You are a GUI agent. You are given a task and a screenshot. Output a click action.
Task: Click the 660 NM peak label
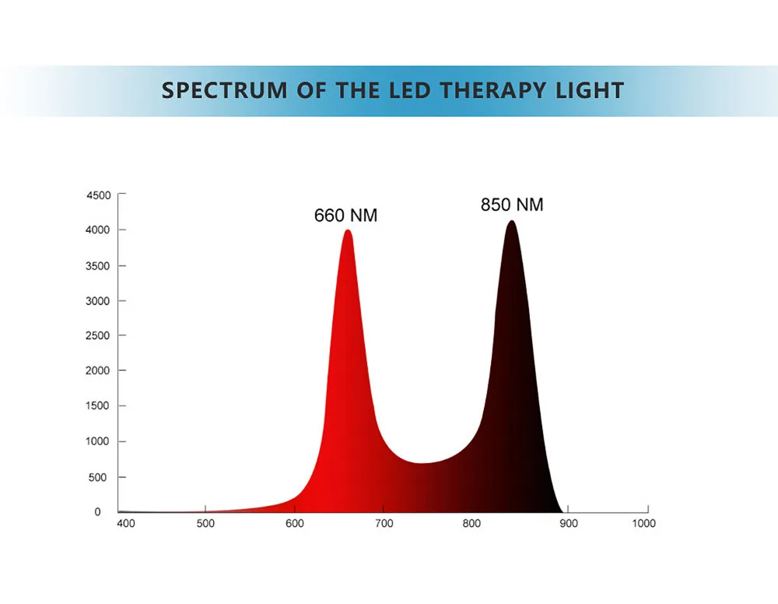click(x=345, y=216)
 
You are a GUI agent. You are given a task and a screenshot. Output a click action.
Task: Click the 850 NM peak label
click(x=512, y=205)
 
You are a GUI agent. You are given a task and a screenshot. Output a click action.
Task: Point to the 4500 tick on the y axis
click(x=98, y=195)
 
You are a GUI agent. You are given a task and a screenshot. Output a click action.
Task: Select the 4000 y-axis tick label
click(x=98, y=230)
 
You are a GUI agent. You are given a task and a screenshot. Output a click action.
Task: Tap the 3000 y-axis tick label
click(x=98, y=301)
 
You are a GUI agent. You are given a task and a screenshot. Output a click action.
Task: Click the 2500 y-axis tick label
click(x=98, y=335)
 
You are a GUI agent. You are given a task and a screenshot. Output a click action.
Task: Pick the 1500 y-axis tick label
click(x=98, y=406)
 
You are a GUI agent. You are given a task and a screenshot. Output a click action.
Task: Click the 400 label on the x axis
click(x=125, y=524)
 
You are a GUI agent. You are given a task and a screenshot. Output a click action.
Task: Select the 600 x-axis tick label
click(x=295, y=524)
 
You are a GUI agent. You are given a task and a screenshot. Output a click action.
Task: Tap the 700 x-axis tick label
click(x=384, y=524)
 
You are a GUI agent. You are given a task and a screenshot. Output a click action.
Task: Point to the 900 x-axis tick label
click(x=569, y=524)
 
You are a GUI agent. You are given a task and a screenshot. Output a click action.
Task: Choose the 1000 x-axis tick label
click(x=643, y=524)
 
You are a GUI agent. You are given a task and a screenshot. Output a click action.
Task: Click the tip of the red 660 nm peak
click(x=348, y=231)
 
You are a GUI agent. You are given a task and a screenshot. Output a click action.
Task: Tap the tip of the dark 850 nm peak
click(x=511, y=222)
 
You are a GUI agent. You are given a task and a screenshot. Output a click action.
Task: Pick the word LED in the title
click(x=408, y=90)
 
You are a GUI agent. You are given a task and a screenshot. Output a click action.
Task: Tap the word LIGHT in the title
click(x=590, y=90)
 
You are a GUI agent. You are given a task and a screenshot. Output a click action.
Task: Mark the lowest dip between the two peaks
click(x=422, y=464)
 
